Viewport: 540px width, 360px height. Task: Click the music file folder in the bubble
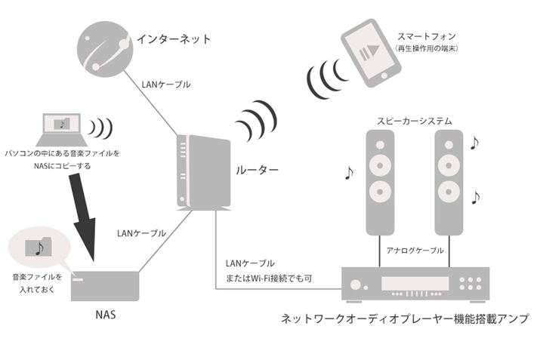point(38,247)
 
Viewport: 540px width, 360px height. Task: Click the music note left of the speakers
point(347,173)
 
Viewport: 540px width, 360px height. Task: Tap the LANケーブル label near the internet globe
point(166,84)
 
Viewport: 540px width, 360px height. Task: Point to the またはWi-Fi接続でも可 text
point(270,278)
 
